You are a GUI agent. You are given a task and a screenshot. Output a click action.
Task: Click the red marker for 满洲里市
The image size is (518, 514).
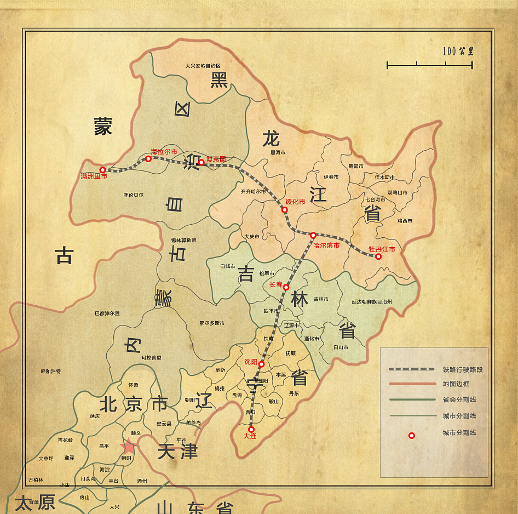[102, 170]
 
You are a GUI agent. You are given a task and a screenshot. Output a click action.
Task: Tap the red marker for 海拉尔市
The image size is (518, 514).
[148, 159]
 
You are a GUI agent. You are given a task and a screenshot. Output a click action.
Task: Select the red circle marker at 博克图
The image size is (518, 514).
[201, 162]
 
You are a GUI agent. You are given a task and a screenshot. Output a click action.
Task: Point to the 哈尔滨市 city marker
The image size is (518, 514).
[313, 236]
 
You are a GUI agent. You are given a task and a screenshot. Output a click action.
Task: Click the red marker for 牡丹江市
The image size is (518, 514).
[378, 256]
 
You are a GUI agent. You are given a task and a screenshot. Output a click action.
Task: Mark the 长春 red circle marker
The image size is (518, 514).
[286, 287]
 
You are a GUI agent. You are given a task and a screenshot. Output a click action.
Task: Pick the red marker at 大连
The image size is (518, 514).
[251, 430]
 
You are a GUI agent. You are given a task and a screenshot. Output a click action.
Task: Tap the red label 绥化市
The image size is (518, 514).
[295, 202]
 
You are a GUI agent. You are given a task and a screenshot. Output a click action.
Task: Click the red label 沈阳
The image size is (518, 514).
[250, 362]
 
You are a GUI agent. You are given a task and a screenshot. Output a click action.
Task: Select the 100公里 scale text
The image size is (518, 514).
[458, 52]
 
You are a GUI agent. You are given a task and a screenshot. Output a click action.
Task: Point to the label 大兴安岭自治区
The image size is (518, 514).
[203, 66]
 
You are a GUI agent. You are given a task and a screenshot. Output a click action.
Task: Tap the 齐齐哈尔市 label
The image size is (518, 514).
[253, 192]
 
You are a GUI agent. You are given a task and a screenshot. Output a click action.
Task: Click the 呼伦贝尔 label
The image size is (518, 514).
[134, 195]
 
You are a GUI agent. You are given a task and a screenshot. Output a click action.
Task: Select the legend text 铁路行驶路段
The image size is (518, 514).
[463, 370]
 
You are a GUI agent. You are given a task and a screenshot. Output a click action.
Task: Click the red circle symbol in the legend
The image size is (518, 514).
[412, 436]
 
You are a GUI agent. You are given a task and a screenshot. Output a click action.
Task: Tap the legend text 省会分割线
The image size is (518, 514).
[459, 400]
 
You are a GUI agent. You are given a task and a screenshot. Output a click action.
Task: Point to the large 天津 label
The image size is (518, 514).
[177, 452]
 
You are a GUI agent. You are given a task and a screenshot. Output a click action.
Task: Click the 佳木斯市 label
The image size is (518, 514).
[384, 178]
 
